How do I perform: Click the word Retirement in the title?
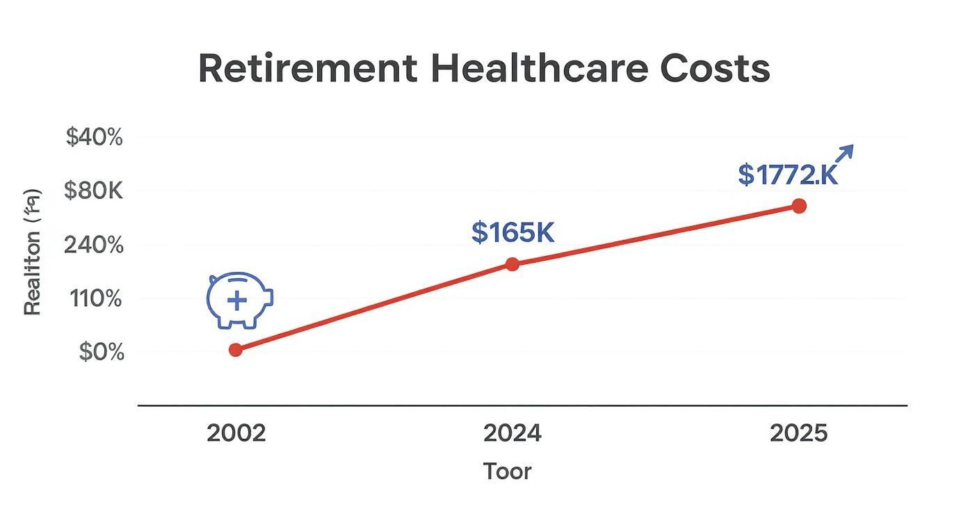[x=307, y=69]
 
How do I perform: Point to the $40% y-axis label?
[x=94, y=138]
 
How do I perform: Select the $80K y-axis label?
[x=93, y=191]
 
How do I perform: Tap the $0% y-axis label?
[x=101, y=352]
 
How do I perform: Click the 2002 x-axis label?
[x=236, y=434]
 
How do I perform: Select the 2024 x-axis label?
[x=513, y=434]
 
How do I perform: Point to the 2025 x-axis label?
[x=799, y=434]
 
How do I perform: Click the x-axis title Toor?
[x=508, y=472]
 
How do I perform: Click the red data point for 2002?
[x=236, y=350]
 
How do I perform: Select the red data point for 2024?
[x=513, y=264]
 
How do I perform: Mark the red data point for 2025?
[x=799, y=206]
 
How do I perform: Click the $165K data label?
[x=513, y=232]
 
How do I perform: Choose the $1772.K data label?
[x=788, y=175]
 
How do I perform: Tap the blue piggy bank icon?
[x=239, y=300]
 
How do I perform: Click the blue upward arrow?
[x=843, y=154]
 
